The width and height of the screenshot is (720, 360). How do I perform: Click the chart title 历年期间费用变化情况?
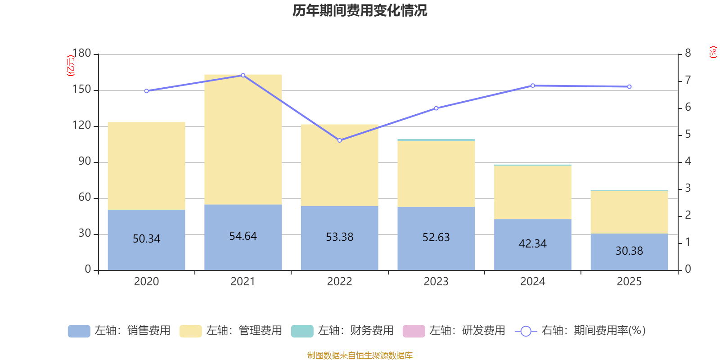point(360,10)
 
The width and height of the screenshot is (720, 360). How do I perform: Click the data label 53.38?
point(339,237)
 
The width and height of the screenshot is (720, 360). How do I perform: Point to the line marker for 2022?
point(339,140)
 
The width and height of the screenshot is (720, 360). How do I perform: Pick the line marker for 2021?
point(243,75)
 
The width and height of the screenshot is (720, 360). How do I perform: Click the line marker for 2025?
point(629,86)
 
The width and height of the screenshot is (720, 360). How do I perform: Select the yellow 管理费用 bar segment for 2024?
point(532,192)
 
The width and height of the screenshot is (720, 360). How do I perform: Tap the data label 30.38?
point(629,251)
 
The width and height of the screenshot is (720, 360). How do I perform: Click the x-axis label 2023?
point(436,282)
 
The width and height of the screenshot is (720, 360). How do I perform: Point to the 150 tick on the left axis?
point(81,90)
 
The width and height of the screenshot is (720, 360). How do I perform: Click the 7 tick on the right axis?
point(688,80)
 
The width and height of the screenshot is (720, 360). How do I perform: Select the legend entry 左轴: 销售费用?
point(119,331)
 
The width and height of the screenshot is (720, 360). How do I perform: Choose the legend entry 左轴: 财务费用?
point(342,331)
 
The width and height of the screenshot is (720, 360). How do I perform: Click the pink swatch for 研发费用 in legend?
point(414,331)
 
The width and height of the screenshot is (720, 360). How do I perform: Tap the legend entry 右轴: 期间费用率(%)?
point(580,331)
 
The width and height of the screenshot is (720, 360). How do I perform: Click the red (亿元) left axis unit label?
point(70,66)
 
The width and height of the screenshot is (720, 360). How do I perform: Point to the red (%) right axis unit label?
point(713,52)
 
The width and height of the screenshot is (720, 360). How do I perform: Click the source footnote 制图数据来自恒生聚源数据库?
point(360,355)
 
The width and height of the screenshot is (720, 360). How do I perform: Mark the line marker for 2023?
point(436,108)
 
